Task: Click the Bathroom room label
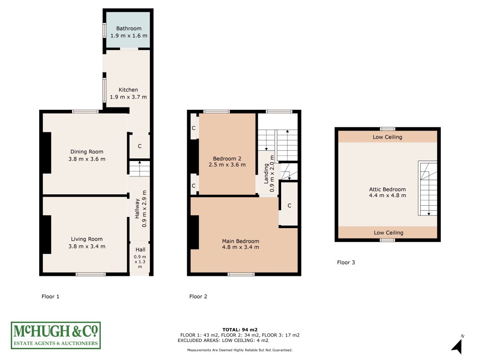[129, 28]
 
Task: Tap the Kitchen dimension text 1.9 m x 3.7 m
[128, 97]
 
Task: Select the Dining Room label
[87, 152]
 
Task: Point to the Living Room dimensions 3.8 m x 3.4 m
[87, 247]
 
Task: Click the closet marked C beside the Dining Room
[139, 146]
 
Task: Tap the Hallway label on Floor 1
[137, 208]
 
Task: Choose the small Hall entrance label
[140, 250]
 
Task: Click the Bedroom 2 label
[227, 158]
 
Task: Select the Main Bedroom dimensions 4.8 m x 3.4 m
[240, 247]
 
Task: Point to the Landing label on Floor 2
[266, 173]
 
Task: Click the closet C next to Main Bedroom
[289, 205]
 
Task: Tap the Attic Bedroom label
[387, 189]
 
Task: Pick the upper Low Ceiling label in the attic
[387, 137]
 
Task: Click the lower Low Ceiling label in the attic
[389, 233]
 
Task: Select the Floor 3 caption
[346, 262]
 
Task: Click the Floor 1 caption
[50, 297]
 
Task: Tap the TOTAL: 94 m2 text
[240, 330]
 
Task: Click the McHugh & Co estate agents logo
[56, 336]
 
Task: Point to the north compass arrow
[457, 346]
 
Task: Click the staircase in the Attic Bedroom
[428, 189]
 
